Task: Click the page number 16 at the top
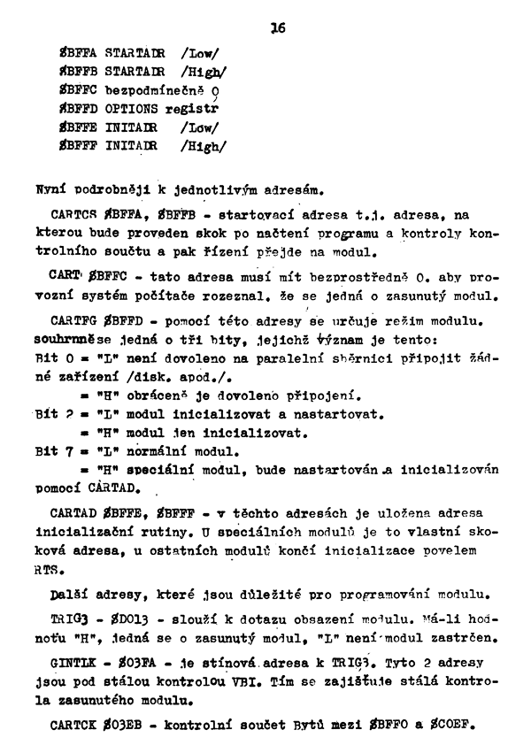click(278, 27)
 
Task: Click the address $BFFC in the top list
click(78, 91)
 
